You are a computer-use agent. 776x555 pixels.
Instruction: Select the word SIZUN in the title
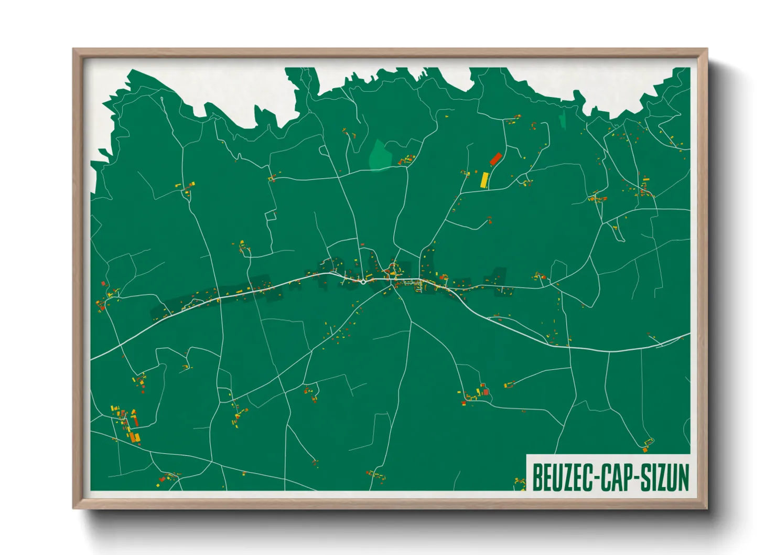click(664, 477)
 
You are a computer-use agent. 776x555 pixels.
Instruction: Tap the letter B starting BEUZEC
click(537, 477)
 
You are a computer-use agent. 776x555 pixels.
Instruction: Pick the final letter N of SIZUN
click(684, 477)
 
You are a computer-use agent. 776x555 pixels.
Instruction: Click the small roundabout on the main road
click(363, 282)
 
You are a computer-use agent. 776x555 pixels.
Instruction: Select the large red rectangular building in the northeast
click(495, 158)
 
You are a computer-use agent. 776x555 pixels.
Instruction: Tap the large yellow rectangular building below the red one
click(484, 179)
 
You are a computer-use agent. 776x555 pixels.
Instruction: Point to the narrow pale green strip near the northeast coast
click(563, 120)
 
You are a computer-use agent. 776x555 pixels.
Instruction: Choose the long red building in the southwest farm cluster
click(135, 420)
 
